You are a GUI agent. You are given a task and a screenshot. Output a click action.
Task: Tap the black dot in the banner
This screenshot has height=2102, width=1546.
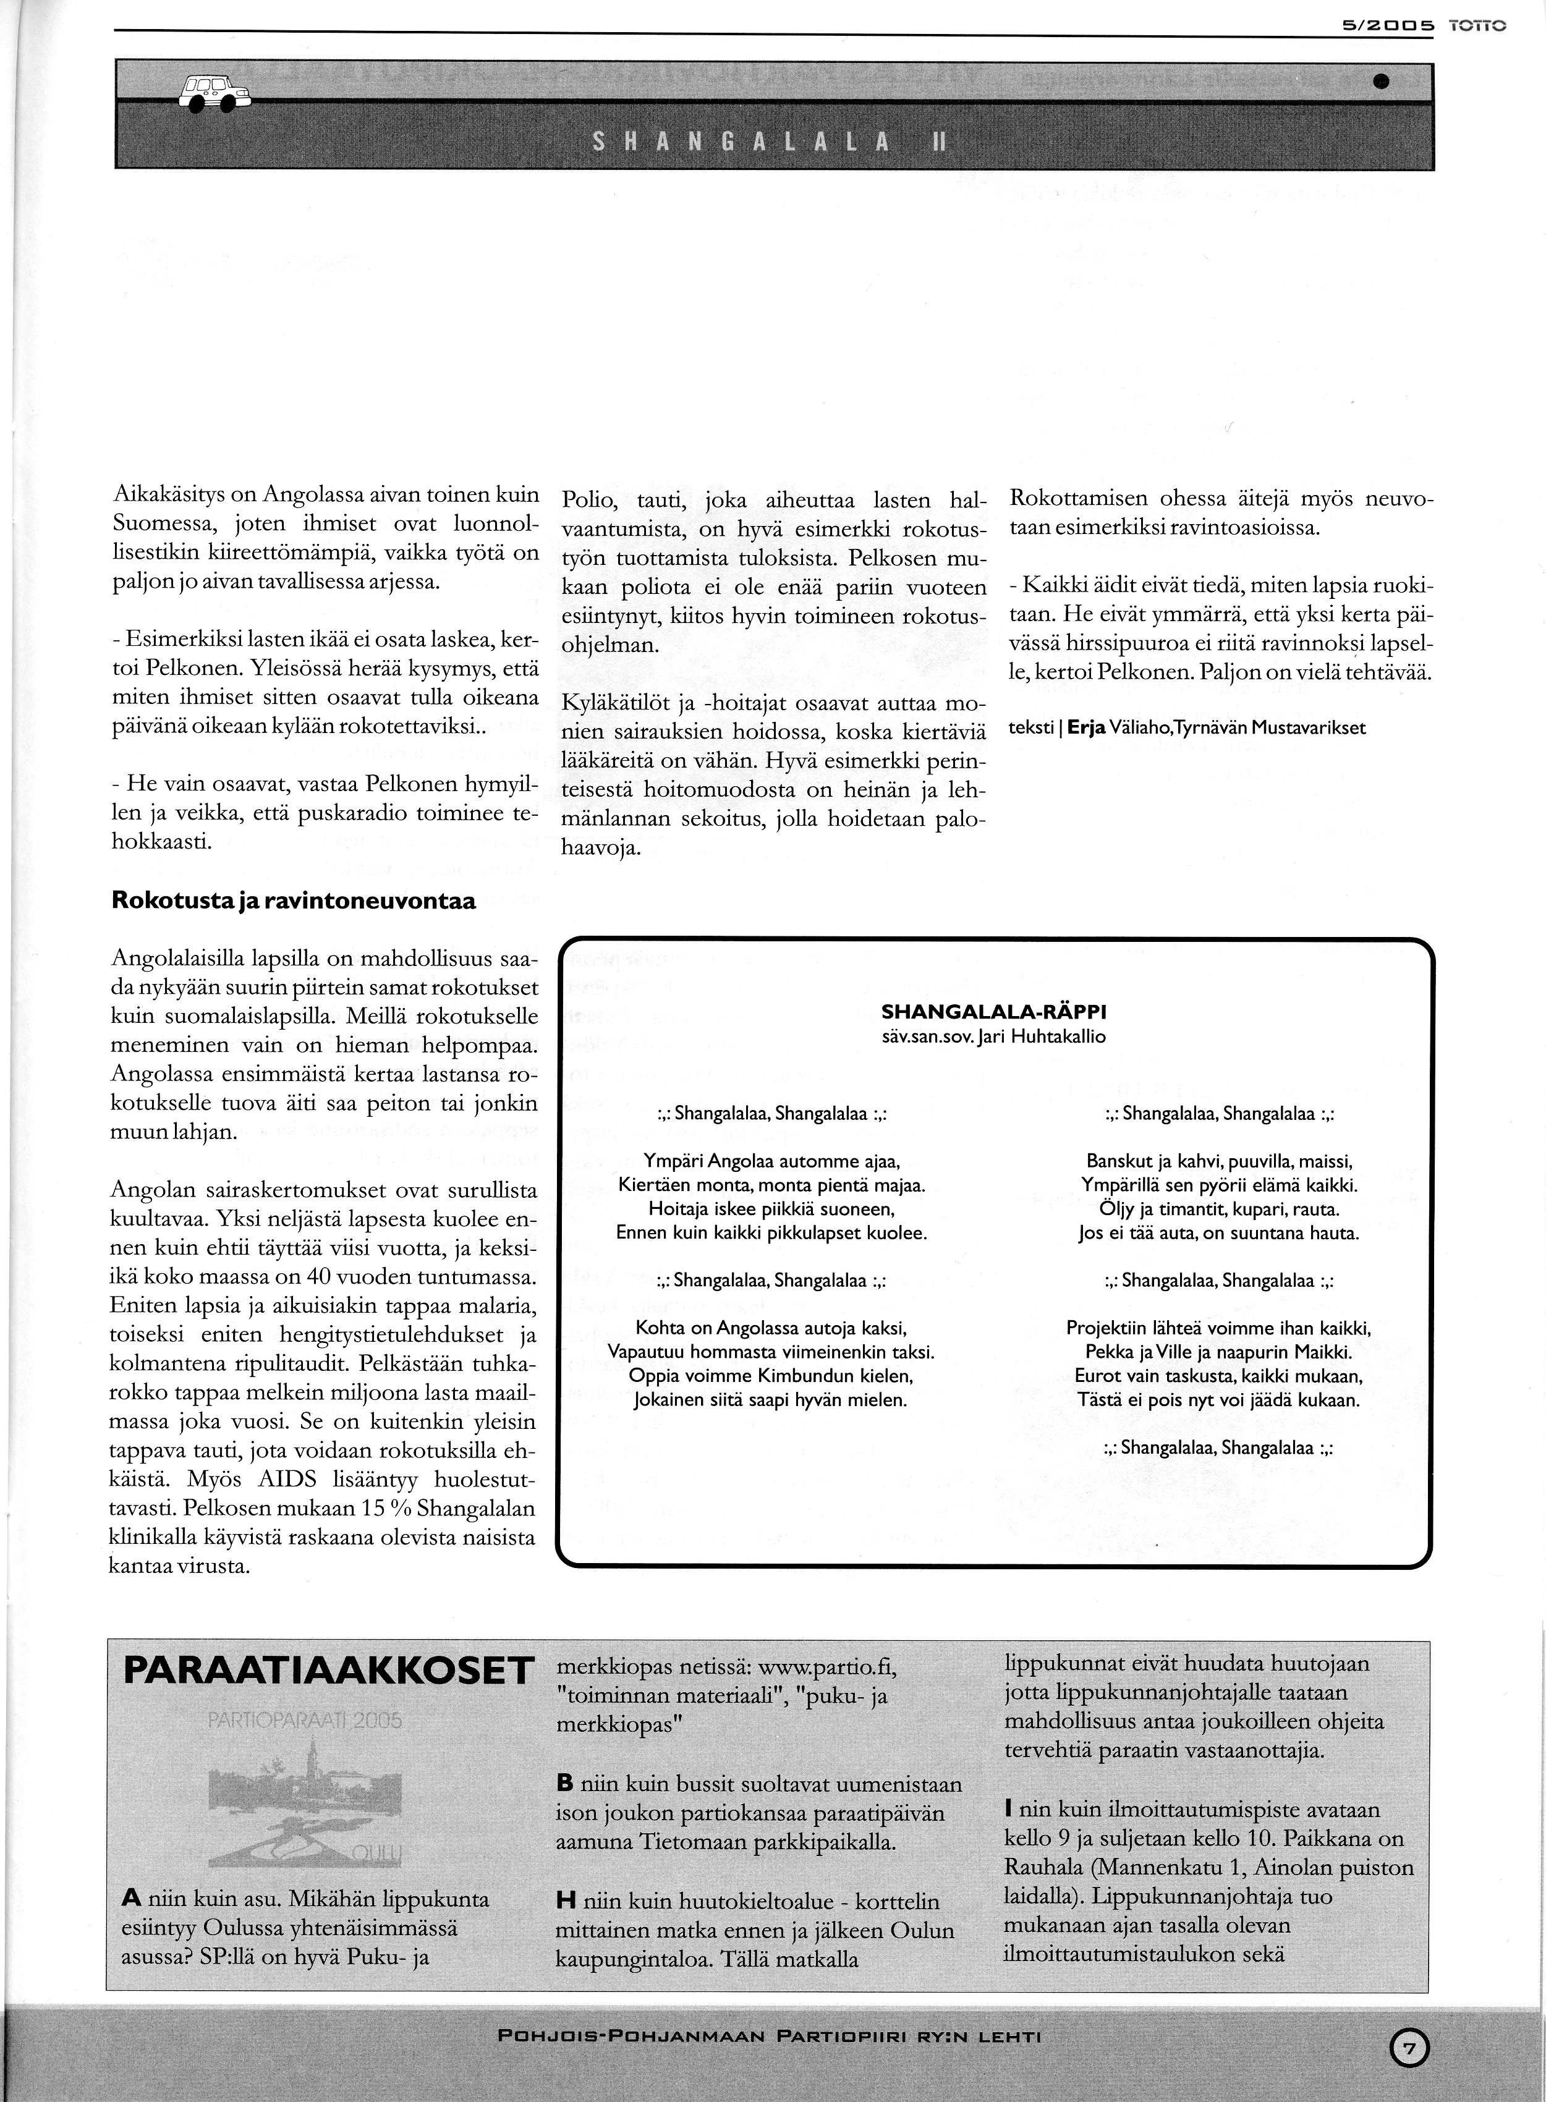(x=1380, y=82)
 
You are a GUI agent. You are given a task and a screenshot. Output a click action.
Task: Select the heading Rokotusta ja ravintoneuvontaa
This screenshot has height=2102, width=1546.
(x=294, y=902)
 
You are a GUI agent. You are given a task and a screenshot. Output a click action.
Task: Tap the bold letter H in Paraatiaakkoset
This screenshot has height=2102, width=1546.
(x=564, y=1901)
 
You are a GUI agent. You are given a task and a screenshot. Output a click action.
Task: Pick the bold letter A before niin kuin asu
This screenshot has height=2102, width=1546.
(x=132, y=1900)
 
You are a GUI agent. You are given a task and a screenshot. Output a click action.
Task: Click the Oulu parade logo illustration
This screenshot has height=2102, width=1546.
(x=305, y=1798)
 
